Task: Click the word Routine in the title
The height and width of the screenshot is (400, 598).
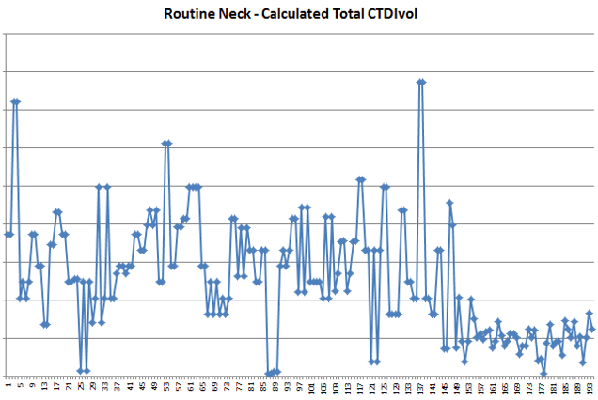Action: (191, 15)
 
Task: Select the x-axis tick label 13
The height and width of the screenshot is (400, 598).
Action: (44, 385)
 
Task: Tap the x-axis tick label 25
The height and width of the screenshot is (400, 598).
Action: (81, 385)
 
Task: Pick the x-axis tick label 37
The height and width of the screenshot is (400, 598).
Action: (118, 385)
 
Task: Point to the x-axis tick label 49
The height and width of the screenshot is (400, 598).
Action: (154, 385)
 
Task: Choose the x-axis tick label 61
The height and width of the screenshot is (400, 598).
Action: (191, 385)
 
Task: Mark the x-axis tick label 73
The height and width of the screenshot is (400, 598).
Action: (228, 385)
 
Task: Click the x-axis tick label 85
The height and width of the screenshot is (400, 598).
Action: (264, 385)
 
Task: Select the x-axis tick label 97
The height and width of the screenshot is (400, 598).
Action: (301, 385)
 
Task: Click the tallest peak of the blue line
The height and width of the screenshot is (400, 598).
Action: (421, 82)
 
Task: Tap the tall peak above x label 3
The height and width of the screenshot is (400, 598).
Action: (15, 100)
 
